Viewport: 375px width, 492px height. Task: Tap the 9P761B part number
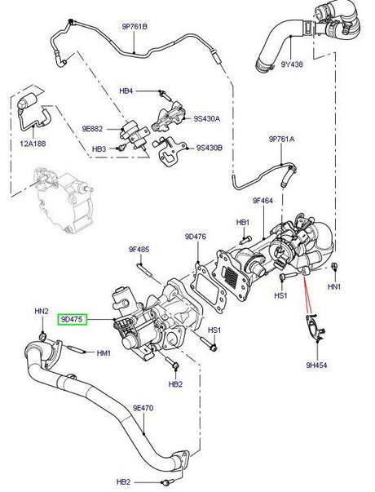[135, 26]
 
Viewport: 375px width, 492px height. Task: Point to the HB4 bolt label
[126, 91]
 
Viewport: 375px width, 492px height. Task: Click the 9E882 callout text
[92, 128]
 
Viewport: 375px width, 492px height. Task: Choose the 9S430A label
[205, 119]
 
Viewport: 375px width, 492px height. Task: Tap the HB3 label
[99, 148]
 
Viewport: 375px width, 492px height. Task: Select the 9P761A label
[281, 140]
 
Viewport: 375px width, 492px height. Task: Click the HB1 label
[242, 222]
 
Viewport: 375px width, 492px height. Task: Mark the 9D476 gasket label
[195, 237]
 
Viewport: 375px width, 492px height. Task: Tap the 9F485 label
[139, 249]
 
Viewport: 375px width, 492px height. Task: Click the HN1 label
[333, 287]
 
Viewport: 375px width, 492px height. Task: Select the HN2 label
[41, 312]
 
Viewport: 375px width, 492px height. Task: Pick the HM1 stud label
[103, 352]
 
